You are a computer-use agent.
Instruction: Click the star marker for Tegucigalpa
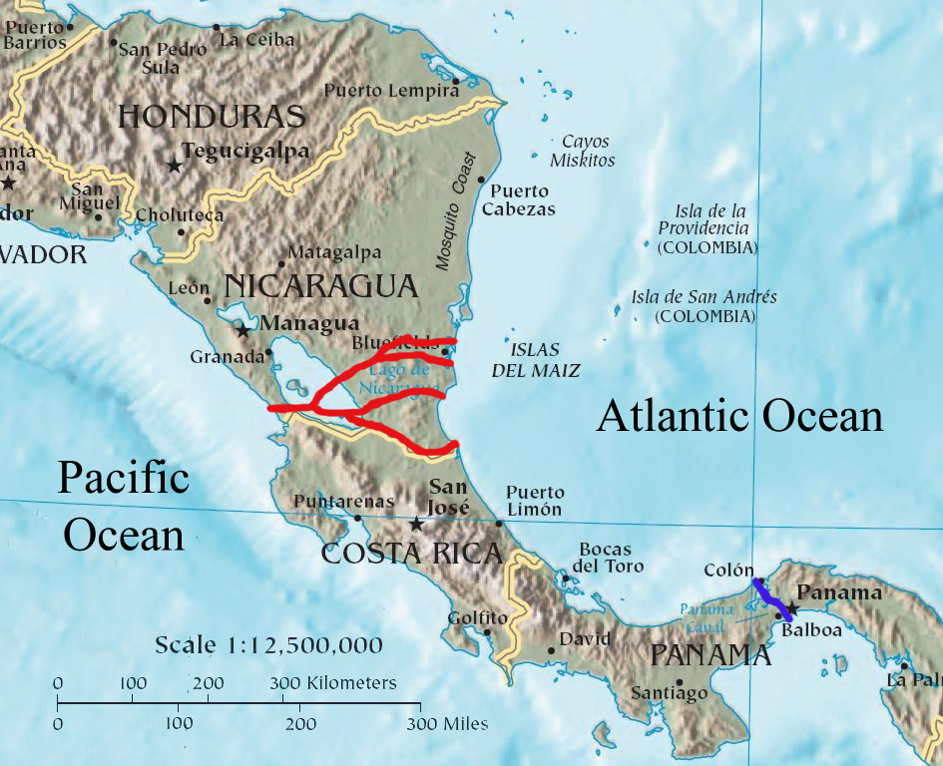[x=175, y=165]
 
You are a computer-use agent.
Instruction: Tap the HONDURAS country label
[x=212, y=117]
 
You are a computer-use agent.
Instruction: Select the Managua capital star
[x=242, y=329]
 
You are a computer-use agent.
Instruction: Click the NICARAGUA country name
[x=320, y=287]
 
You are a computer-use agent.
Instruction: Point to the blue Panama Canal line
[x=772, y=598]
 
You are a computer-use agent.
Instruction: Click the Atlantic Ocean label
[x=739, y=416]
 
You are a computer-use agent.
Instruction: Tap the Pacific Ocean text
[x=124, y=506]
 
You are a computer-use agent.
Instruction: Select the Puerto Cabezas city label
[x=518, y=200]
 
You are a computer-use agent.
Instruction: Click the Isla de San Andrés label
[x=705, y=306]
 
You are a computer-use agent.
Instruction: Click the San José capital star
[x=416, y=524]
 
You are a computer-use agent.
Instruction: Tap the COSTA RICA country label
[x=411, y=554]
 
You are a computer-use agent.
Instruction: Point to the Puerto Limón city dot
[x=499, y=522]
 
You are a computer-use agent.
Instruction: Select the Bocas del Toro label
[x=606, y=558]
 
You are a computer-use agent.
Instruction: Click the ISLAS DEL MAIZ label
[x=535, y=360]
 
